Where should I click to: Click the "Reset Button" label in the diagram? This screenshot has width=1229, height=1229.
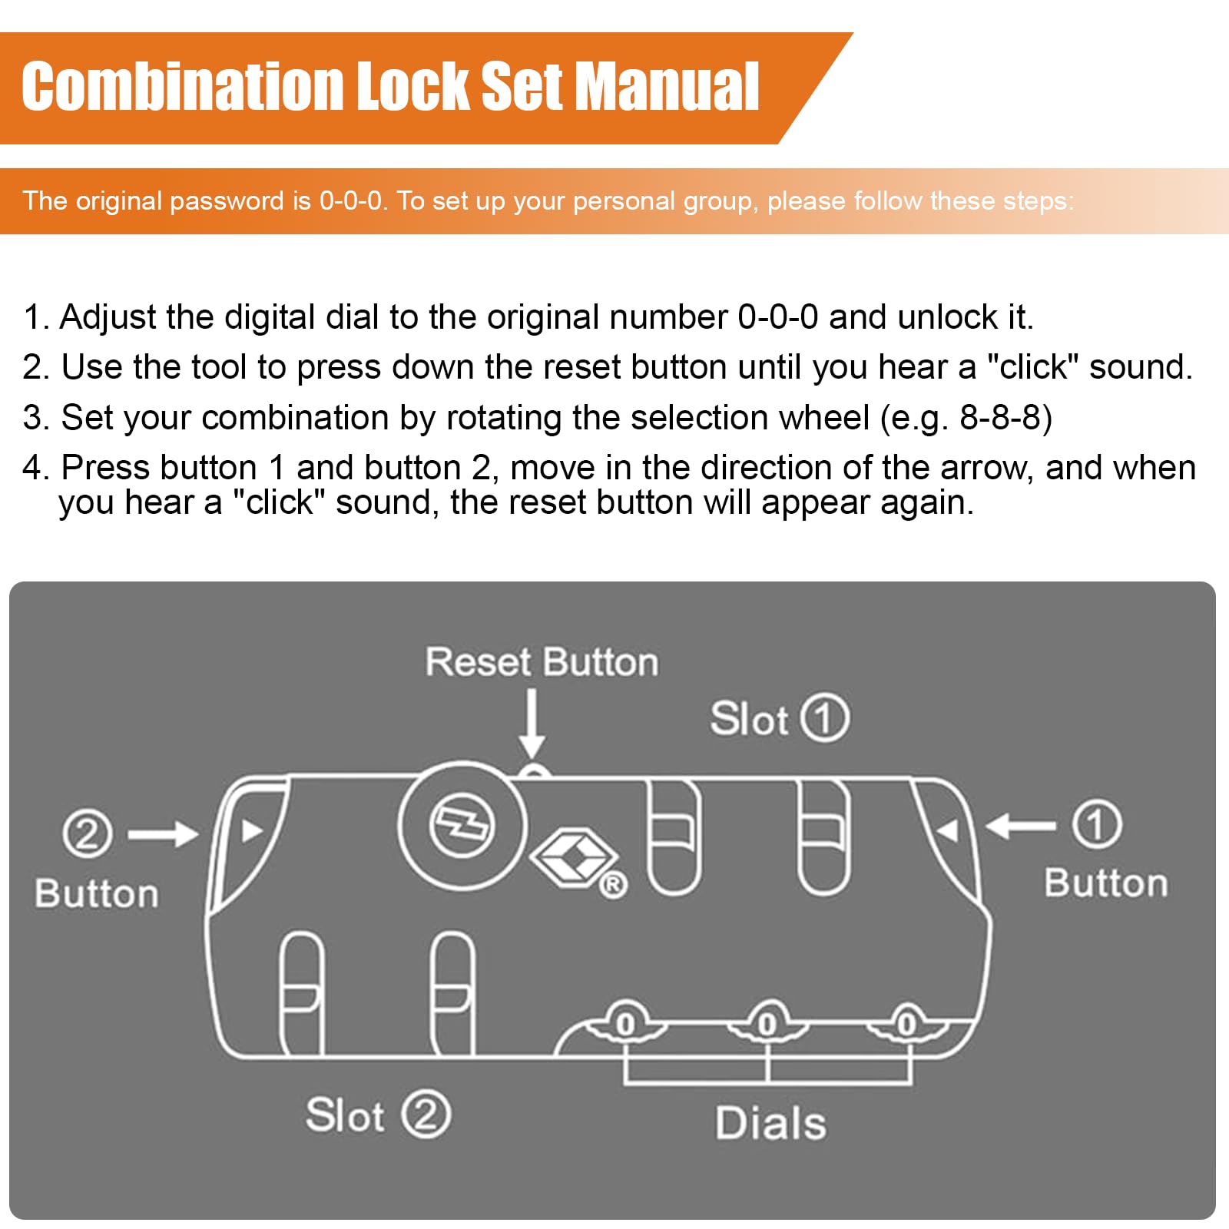[x=542, y=662]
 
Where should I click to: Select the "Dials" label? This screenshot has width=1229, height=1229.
[x=770, y=1123]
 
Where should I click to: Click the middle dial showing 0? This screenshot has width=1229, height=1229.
[x=767, y=1024]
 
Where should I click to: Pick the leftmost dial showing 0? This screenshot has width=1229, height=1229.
[x=625, y=1024]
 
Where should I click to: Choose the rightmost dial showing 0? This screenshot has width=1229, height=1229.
[x=907, y=1024]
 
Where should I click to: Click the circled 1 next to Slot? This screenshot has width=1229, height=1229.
[x=825, y=719]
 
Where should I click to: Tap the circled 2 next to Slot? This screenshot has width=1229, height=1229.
[x=426, y=1115]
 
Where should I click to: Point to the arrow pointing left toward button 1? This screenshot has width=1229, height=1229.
[x=1021, y=827]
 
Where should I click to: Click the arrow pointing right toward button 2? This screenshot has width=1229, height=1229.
[x=163, y=834]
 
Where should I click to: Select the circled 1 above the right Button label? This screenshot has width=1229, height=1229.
[x=1097, y=824]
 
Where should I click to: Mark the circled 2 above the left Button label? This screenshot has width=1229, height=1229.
[x=87, y=834]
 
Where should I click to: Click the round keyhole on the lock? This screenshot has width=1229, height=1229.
[x=462, y=827]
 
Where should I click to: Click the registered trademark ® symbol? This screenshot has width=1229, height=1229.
[x=613, y=886]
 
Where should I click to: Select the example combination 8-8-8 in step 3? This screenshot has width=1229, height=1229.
[x=1000, y=417]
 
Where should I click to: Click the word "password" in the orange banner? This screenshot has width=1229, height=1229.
[x=227, y=201]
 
